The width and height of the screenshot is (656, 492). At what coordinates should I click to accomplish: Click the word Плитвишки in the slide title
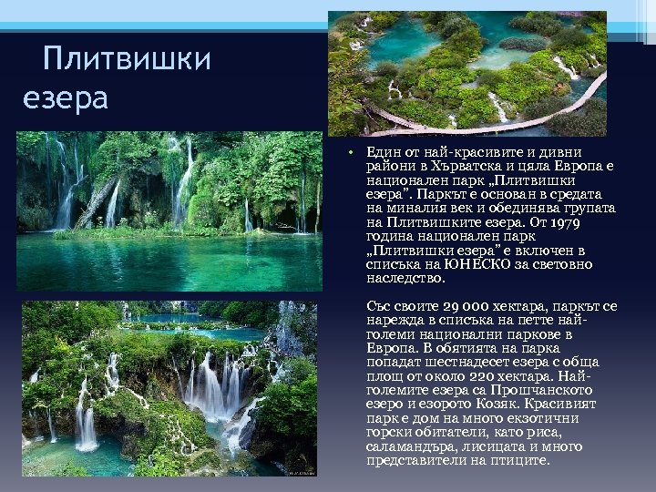point(127,60)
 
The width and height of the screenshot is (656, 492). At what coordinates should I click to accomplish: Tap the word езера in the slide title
point(66,97)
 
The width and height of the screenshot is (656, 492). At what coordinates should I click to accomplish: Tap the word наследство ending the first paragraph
point(406,278)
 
